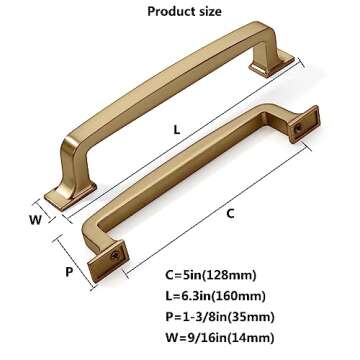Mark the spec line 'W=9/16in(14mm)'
(246, 337)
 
